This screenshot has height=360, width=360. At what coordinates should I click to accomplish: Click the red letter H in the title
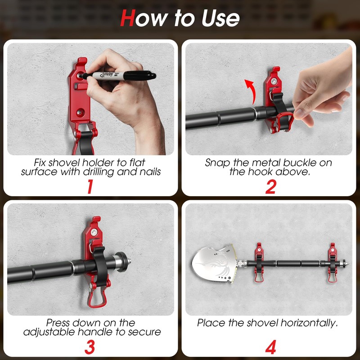click(128, 18)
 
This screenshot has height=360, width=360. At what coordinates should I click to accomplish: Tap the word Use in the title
click(220, 18)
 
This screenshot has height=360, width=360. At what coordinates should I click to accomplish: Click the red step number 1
click(90, 186)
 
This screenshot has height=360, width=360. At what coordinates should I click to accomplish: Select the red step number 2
click(271, 186)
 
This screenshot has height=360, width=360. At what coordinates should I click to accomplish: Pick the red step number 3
click(90, 347)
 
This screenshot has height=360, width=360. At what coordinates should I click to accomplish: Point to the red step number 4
click(271, 347)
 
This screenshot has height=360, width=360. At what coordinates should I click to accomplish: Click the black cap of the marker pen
click(140, 76)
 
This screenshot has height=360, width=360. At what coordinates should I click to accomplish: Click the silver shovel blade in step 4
click(215, 264)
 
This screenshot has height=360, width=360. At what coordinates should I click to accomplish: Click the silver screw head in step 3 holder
click(94, 232)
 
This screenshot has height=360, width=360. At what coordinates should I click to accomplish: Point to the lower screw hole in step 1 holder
click(80, 112)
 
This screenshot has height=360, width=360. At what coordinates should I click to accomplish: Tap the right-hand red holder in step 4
click(333, 263)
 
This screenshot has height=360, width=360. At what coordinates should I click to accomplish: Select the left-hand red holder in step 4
click(259, 263)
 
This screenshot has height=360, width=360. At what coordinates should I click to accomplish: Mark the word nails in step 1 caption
click(149, 172)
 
